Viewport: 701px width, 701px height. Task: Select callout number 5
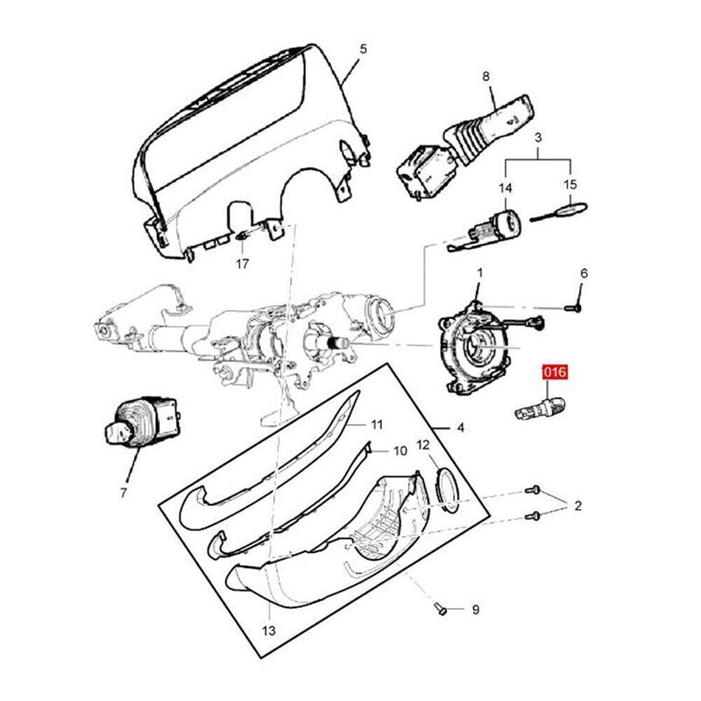click(364, 48)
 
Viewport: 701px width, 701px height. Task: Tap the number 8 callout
click(487, 76)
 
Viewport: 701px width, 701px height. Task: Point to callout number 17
click(242, 263)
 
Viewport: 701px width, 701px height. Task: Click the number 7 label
click(123, 492)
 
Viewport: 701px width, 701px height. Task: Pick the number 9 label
click(475, 609)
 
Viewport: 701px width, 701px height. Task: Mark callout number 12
click(422, 446)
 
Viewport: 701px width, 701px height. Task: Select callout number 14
click(505, 188)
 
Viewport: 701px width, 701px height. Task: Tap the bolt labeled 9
click(439, 607)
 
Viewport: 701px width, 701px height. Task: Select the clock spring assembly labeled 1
click(478, 342)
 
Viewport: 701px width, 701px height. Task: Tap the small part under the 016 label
click(536, 406)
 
